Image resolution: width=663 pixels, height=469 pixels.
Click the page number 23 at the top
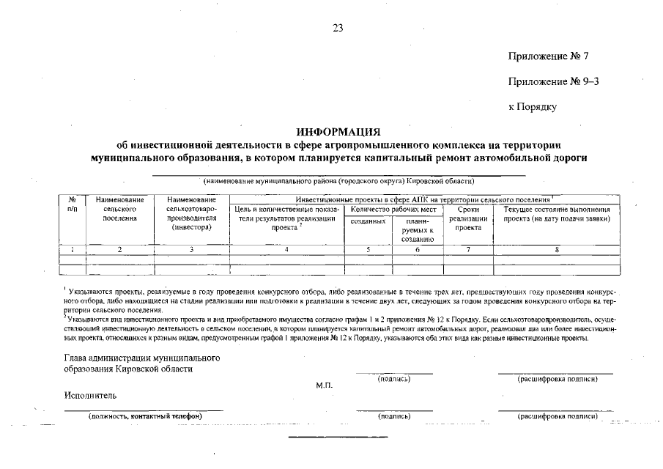pos(338,28)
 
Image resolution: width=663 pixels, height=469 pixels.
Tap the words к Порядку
pos(533,107)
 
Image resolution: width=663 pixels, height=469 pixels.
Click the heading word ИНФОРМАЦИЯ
pos(338,132)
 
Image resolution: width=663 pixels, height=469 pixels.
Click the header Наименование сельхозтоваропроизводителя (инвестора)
pos(191,213)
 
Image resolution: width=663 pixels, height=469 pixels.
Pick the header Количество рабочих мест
pos(393,209)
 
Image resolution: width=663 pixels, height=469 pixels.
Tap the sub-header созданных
pos(368,221)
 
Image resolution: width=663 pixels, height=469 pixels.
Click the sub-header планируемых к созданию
pos(418,229)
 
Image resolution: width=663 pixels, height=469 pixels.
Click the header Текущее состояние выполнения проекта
pos(557,214)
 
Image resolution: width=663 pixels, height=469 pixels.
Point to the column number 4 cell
pos(286,249)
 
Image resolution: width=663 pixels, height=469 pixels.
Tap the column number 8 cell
pos(557,249)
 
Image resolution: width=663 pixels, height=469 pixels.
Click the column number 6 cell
pos(418,249)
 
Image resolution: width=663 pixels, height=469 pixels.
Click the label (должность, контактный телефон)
pos(144,416)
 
